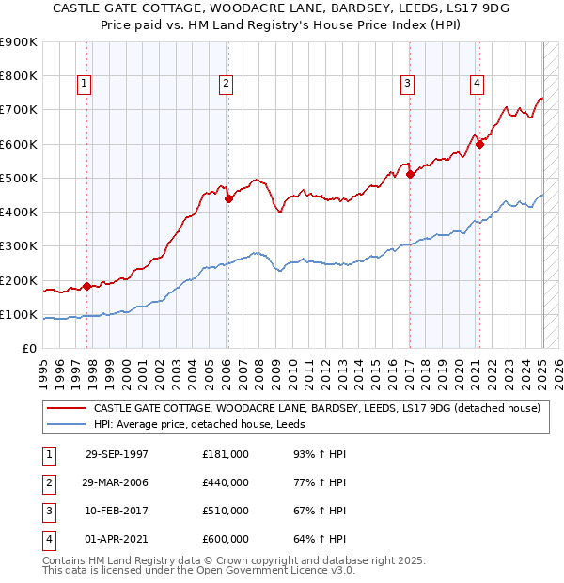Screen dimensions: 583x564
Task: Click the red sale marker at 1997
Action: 87,286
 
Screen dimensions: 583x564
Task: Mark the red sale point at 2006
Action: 228,197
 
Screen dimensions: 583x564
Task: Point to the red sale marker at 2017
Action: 410,174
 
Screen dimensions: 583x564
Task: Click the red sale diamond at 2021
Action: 479,144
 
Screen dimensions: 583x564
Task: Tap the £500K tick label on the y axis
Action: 19,178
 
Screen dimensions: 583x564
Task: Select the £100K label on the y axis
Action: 19,314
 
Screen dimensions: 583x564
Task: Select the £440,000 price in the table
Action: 226,482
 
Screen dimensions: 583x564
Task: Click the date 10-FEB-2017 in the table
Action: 117,512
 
